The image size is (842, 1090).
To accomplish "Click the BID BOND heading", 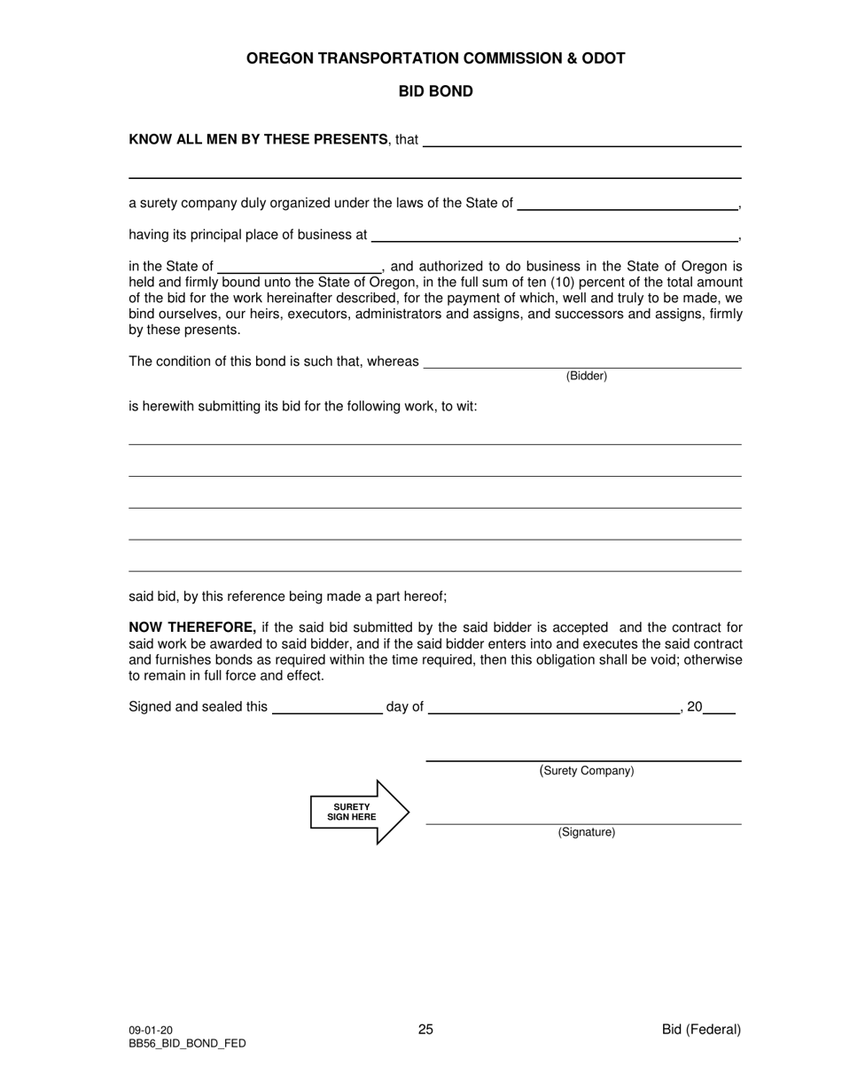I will tap(435, 91).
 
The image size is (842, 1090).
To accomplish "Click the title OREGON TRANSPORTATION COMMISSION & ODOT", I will tap(435, 58).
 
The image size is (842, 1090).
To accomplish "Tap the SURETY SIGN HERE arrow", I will tap(359, 812).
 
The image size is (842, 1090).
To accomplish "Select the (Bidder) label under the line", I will tap(587, 376).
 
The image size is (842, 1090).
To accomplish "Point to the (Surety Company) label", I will tap(587, 771).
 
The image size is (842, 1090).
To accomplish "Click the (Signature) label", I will tap(587, 832).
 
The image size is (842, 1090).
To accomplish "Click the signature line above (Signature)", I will tap(583, 823).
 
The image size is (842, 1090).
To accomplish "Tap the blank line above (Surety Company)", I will tap(583, 759).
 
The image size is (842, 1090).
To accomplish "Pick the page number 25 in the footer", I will tap(425, 1029).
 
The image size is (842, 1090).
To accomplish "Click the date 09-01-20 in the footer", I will tap(151, 1030).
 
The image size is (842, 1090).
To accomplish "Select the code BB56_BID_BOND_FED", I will tap(187, 1043).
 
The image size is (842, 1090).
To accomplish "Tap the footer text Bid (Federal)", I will tap(701, 1029).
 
